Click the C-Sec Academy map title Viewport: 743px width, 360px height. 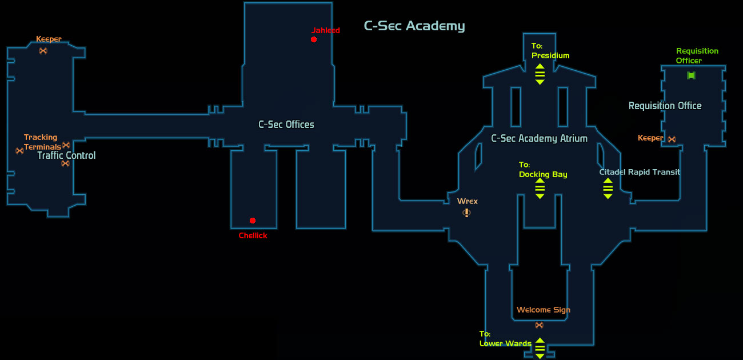point(414,26)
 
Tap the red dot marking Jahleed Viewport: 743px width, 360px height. point(314,39)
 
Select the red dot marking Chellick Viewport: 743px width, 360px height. point(253,221)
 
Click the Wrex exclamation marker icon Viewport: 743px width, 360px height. point(467,213)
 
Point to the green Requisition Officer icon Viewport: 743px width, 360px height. point(691,75)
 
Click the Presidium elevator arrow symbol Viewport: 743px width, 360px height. point(540,74)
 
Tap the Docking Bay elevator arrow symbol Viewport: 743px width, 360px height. point(540,189)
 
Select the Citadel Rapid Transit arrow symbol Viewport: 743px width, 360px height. point(608,189)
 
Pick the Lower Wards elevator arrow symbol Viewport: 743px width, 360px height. point(540,348)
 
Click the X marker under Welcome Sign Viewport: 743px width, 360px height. point(540,325)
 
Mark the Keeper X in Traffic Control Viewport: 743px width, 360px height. point(43,51)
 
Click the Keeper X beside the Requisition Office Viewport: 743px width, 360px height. point(672,139)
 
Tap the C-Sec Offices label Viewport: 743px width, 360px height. point(286,125)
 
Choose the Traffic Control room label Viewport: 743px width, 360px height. point(66,155)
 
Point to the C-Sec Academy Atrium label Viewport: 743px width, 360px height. point(540,138)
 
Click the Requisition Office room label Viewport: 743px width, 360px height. point(665,106)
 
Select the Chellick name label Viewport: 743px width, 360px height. point(253,235)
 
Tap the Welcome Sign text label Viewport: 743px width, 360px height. point(544,310)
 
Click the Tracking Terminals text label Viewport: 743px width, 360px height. point(42,142)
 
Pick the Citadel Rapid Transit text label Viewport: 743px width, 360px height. point(640,172)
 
